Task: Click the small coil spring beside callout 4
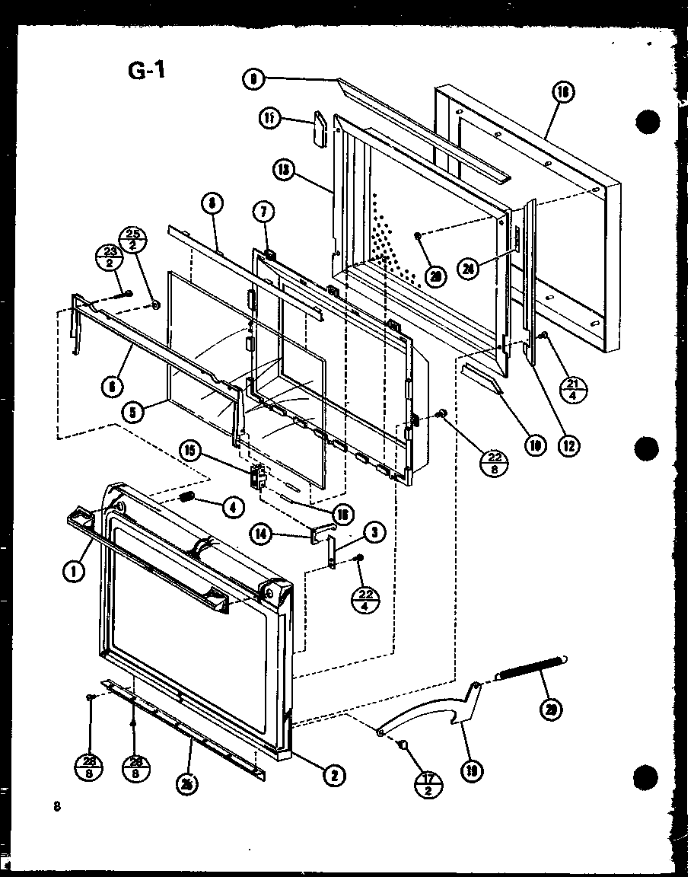coord(187,500)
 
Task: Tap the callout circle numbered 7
coord(269,210)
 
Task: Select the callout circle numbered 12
coord(567,445)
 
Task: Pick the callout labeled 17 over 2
coord(431,783)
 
